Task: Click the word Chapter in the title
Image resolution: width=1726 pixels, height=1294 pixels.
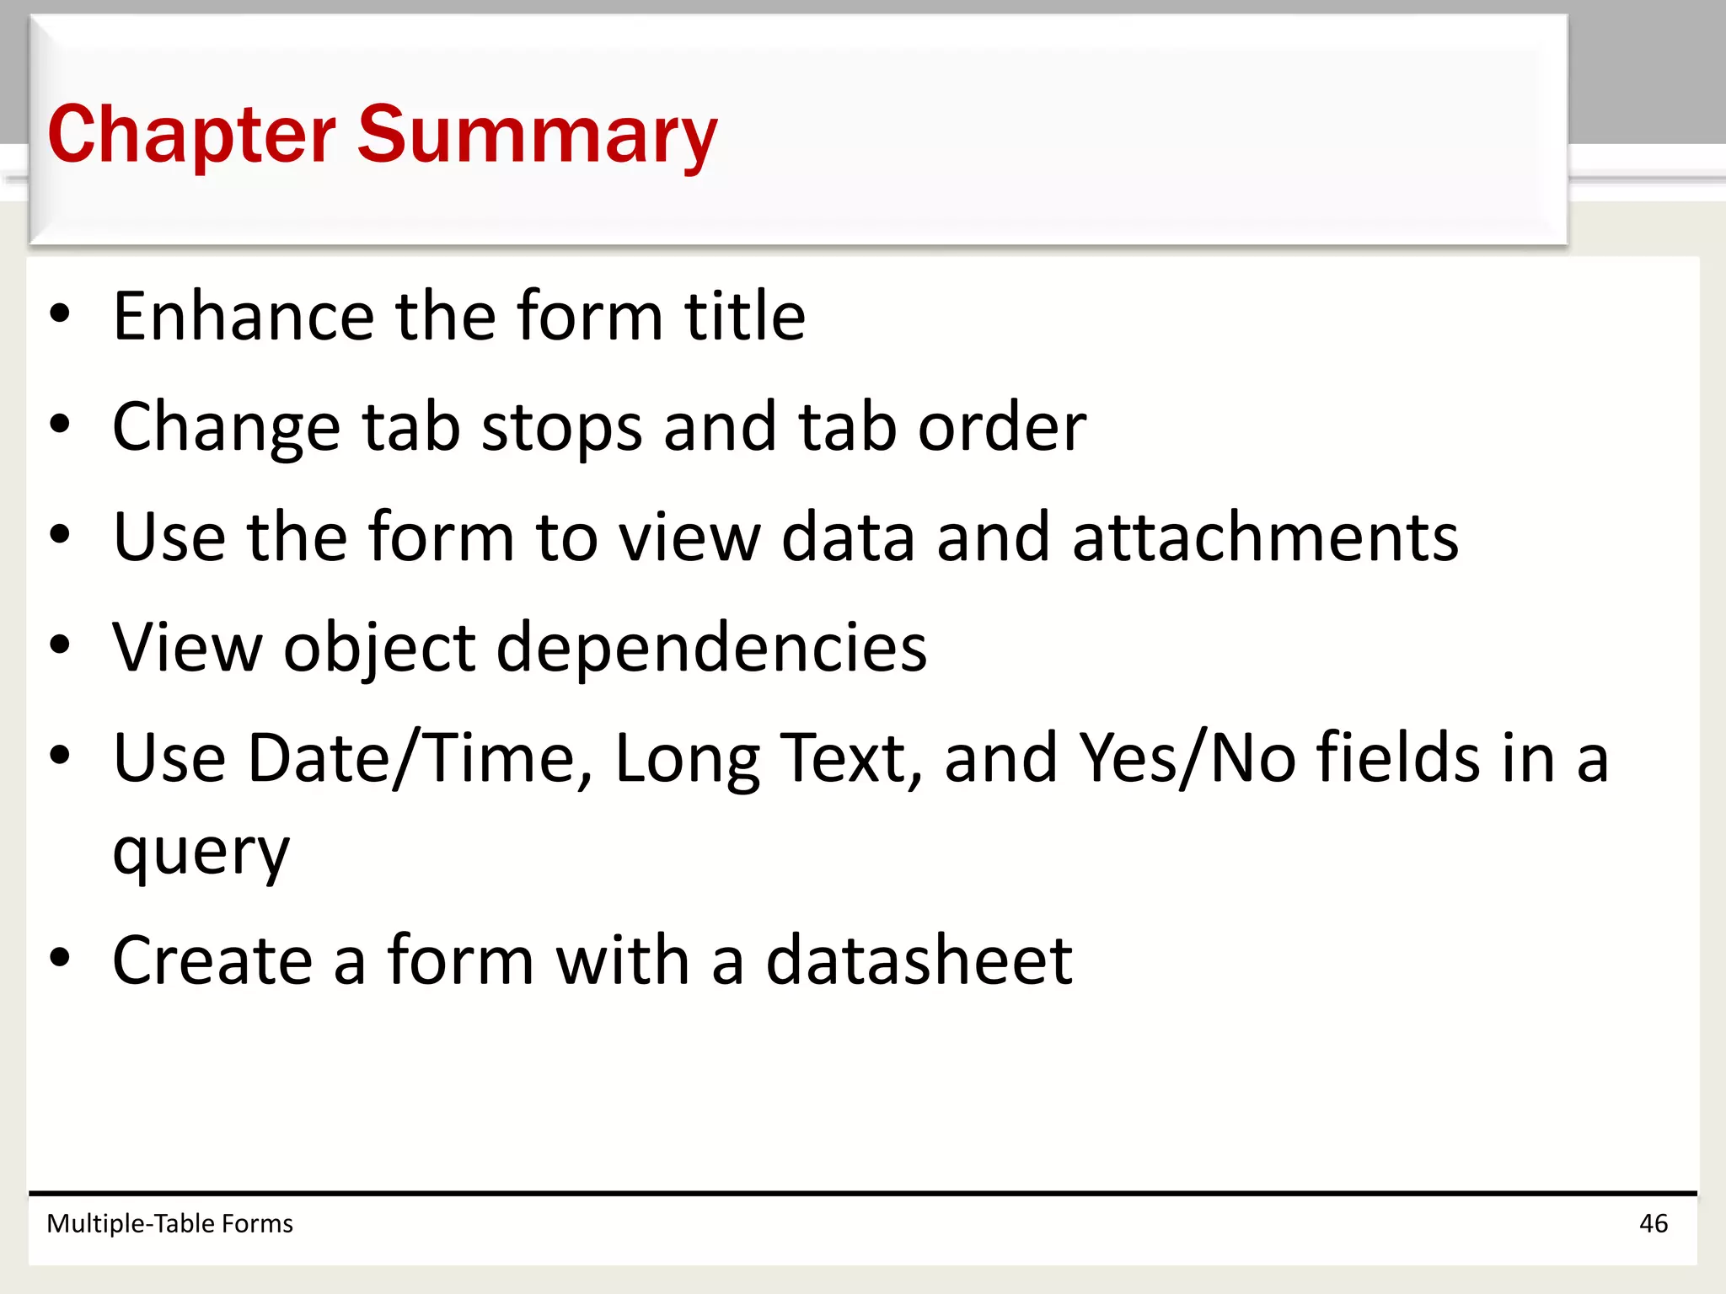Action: pyautogui.click(x=192, y=135)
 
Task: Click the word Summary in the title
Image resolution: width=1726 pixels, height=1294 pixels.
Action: pyautogui.click(x=537, y=135)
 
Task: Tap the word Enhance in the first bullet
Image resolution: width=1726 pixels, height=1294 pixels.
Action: pyautogui.click(x=244, y=316)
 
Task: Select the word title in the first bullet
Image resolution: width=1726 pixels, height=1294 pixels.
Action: pyautogui.click(x=744, y=316)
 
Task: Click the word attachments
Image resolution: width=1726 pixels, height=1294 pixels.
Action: pyautogui.click(x=1265, y=537)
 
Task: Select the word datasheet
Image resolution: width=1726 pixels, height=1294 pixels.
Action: pyautogui.click(x=919, y=960)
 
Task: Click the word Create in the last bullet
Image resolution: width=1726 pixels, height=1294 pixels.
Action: pyautogui.click(x=212, y=960)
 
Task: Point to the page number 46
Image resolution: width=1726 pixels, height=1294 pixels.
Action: pyautogui.click(x=1653, y=1223)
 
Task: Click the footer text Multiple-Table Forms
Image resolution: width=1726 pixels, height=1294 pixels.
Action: pyautogui.click(x=169, y=1223)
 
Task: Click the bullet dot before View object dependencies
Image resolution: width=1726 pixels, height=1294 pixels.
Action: pyautogui.click(x=60, y=646)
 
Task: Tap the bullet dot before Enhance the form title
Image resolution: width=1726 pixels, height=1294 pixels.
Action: pyautogui.click(x=60, y=314)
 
